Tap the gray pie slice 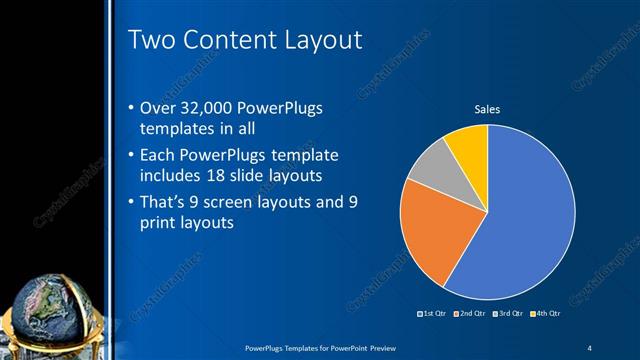coord(432,167)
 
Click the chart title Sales coord(486,109)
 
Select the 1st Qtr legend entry coord(433,314)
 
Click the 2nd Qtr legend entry coord(471,314)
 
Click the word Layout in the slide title coord(316,39)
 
